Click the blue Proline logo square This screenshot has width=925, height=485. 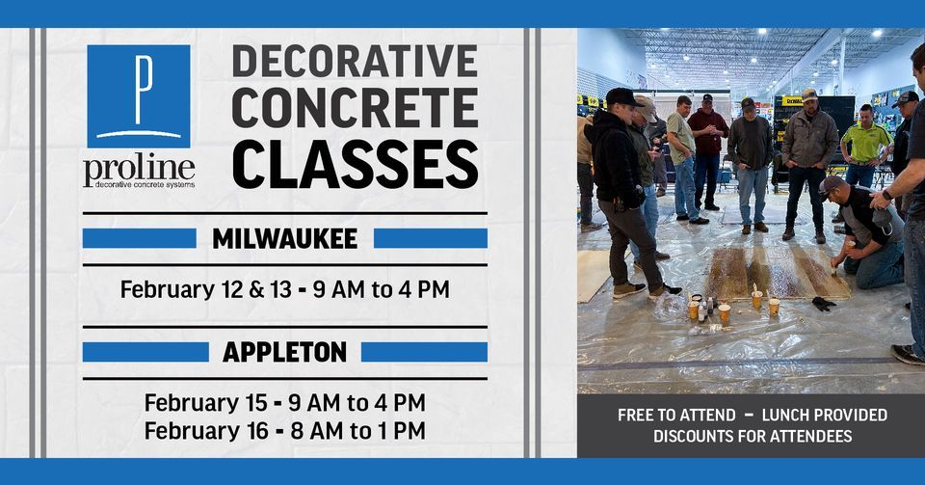click(x=138, y=95)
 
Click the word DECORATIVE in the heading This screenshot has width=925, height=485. click(x=355, y=61)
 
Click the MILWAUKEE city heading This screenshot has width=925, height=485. click(x=284, y=238)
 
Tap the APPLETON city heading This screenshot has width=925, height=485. click(x=284, y=352)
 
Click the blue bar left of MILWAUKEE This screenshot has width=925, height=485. click(x=139, y=238)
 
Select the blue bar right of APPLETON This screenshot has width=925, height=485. click(x=424, y=352)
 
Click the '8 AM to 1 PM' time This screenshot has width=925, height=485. click(x=357, y=430)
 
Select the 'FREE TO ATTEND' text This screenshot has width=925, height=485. click(x=676, y=416)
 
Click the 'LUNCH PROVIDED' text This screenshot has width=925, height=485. click(x=824, y=416)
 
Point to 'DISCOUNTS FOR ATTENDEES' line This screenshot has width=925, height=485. click(x=752, y=436)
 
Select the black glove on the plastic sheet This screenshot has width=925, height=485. click(x=823, y=304)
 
